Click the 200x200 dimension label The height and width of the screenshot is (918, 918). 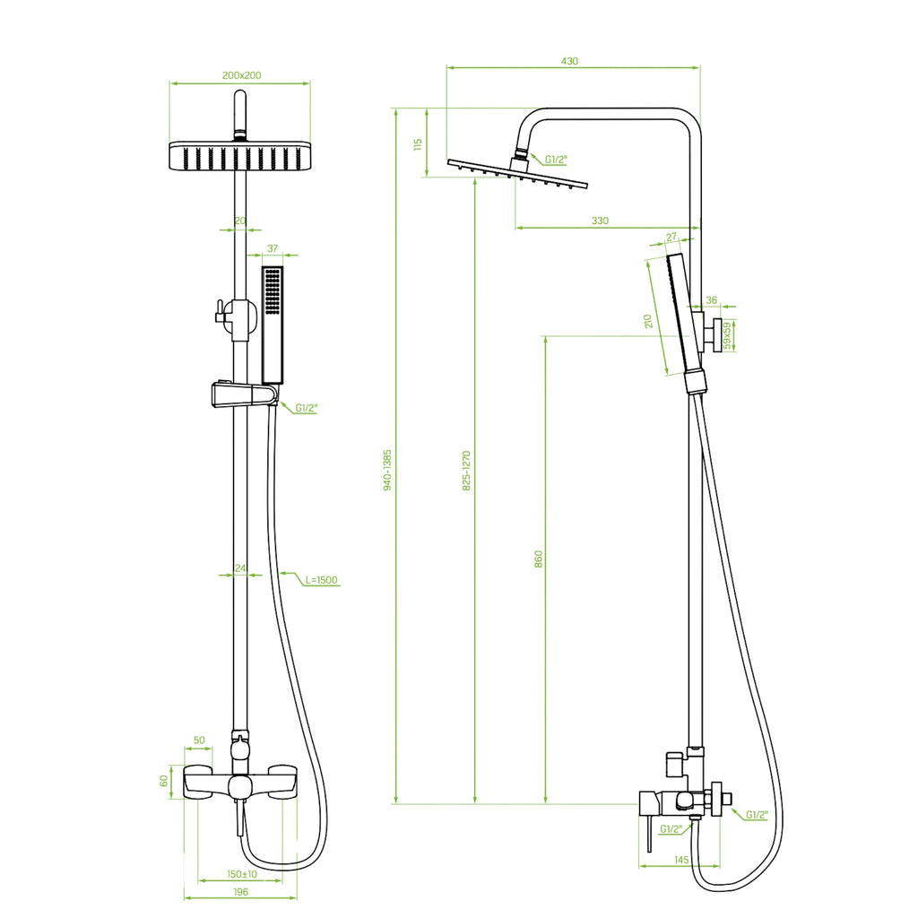pos(241,75)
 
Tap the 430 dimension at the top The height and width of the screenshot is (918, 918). pos(569,61)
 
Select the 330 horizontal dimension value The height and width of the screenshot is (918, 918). pos(600,221)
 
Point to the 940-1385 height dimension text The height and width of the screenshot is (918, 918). pos(387,470)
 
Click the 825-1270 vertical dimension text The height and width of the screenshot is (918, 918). pos(466,470)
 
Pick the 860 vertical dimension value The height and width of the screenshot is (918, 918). pos(539,559)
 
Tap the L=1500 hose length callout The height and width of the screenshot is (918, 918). pos(322,580)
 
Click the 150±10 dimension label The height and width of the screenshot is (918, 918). pos(242,874)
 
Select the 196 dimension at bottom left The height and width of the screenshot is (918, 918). pos(240,892)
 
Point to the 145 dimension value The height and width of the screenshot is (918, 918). pos(681,860)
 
